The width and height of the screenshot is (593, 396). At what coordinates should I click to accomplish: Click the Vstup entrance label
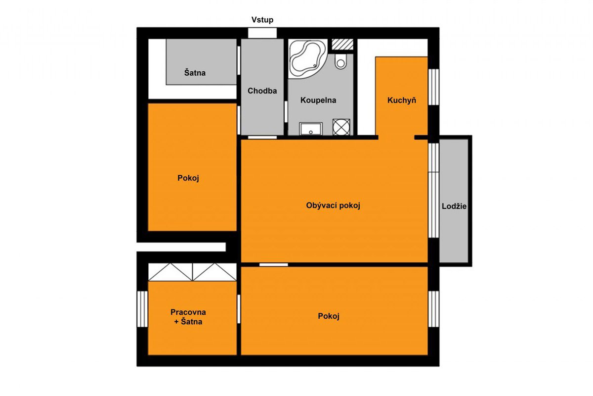[x=262, y=20]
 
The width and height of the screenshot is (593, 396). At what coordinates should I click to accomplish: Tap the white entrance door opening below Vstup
[x=262, y=33]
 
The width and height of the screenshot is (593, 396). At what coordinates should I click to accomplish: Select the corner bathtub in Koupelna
[x=307, y=58]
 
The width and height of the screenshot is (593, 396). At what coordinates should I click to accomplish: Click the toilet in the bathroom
[x=340, y=61]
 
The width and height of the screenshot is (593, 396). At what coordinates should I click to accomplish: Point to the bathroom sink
[x=311, y=129]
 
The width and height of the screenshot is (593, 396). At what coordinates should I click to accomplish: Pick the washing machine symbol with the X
[x=341, y=127]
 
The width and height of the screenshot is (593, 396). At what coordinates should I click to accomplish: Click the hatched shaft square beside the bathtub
[x=342, y=44]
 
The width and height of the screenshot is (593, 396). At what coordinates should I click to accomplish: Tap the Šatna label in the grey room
[x=195, y=72]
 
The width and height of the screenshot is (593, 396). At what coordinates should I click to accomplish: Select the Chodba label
[x=262, y=91]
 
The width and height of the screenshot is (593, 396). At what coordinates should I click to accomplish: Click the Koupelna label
[x=318, y=100]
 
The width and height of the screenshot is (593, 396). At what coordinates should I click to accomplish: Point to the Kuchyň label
[x=402, y=100]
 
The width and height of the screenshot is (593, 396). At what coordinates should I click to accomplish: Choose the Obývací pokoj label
[x=333, y=205]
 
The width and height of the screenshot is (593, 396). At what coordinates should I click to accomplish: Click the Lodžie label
[x=454, y=206]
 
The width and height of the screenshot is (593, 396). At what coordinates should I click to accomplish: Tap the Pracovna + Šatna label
[x=188, y=317]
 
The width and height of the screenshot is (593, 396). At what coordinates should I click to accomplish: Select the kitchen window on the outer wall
[x=434, y=87]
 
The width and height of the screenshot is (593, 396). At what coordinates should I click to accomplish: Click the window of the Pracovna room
[x=142, y=309]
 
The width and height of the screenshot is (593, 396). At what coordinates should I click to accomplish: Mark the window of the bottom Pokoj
[x=434, y=309]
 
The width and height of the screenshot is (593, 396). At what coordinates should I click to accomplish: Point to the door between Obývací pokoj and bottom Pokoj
[x=273, y=265]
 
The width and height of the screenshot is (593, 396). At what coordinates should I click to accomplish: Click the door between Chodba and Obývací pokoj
[x=262, y=138]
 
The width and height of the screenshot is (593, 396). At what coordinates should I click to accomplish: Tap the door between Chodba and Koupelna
[x=286, y=112]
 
